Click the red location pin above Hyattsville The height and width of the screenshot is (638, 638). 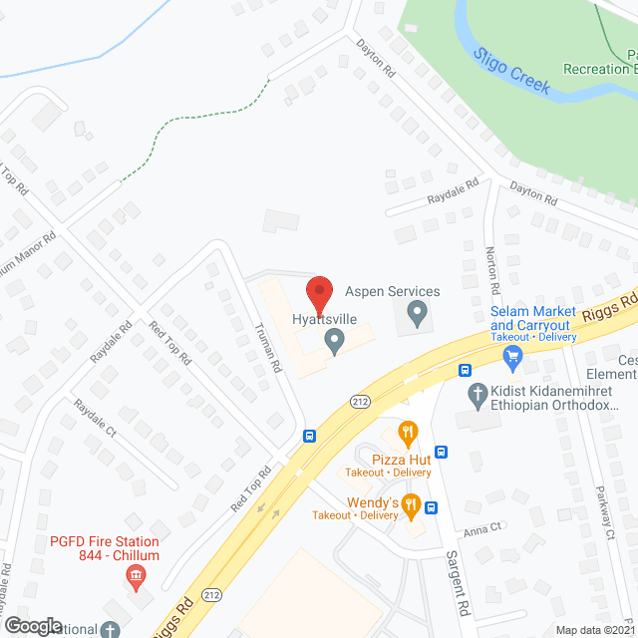pos(318,293)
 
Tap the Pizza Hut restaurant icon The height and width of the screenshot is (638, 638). pos(407,433)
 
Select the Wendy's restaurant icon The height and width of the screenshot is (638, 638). pos(410,506)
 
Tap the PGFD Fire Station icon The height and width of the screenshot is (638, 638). pos(136,576)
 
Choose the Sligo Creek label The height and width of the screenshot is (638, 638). pos(512,72)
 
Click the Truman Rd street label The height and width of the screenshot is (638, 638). pos(266,351)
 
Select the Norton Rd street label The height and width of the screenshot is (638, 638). pos(490,269)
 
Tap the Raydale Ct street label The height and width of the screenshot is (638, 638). pos(95,420)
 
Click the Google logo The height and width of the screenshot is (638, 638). pos(32,625)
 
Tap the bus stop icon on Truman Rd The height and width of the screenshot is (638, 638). pos(310,436)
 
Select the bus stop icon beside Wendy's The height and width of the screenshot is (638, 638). pos(432,506)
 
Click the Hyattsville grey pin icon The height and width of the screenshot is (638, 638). pos(335,343)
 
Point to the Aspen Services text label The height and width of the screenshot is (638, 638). pos(392,291)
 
